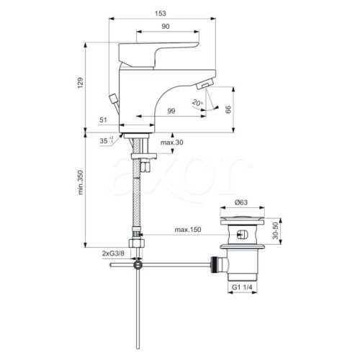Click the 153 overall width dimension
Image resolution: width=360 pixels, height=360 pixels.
coord(160,14)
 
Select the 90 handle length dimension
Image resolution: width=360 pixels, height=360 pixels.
coord(166,27)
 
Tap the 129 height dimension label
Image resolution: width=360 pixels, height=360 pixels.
coord(80,83)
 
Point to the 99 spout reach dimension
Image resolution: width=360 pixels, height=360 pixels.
coord(171,111)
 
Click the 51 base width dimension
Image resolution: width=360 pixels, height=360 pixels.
coord(103,120)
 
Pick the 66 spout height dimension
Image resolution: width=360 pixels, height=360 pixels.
coord(228,109)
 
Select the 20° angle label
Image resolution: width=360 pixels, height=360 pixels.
coord(197,103)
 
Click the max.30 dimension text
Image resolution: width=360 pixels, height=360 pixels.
coord(172,143)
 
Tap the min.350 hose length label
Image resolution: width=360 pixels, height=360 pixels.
coord(81,182)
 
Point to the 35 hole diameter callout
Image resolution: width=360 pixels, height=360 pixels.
coord(106,140)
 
